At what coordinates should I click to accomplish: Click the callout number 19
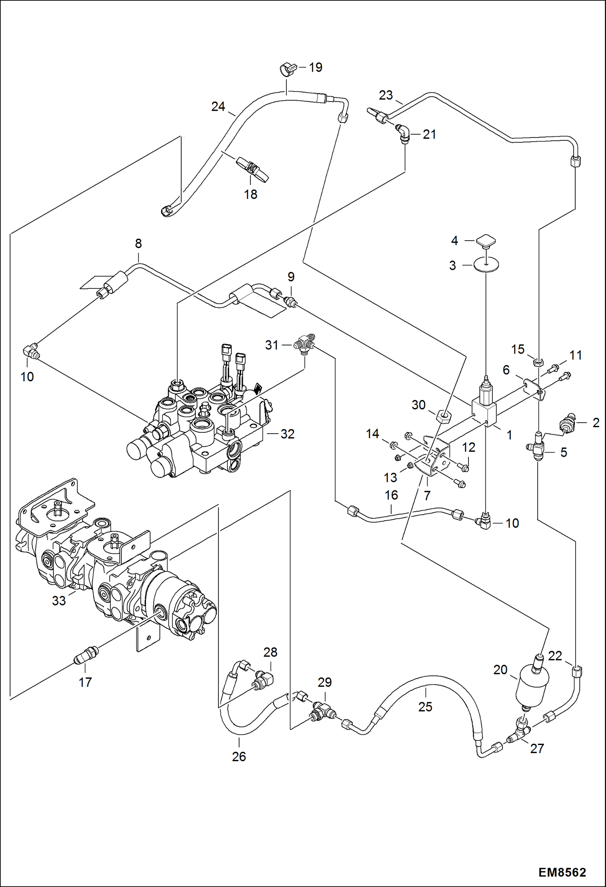pyautogui.click(x=316, y=68)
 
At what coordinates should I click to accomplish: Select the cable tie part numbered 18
pyautogui.click(x=252, y=169)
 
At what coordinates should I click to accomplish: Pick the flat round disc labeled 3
pyautogui.click(x=486, y=265)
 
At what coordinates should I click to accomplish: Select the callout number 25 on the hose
pyautogui.click(x=425, y=707)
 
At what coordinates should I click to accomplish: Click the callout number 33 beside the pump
pyautogui.click(x=59, y=601)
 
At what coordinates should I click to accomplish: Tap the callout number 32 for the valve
pyautogui.click(x=287, y=434)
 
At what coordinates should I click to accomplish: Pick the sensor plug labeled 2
pyautogui.click(x=567, y=423)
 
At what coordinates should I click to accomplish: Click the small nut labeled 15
pyautogui.click(x=538, y=362)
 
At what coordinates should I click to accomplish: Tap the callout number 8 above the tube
pyautogui.click(x=138, y=243)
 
